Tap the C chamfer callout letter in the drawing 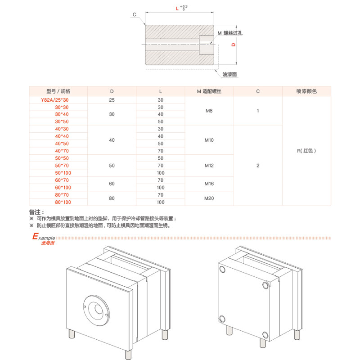[134, 15]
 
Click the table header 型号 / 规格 [58, 91]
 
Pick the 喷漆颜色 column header [306, 91]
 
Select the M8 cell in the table [209, 111]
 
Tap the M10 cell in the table [209, 140]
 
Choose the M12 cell [209, 166]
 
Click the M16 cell [209, 184]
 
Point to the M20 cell [209, 198]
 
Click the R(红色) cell [306, 151]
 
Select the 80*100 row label [63, 202]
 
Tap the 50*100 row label [63, 173]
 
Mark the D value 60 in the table [112, 184]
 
